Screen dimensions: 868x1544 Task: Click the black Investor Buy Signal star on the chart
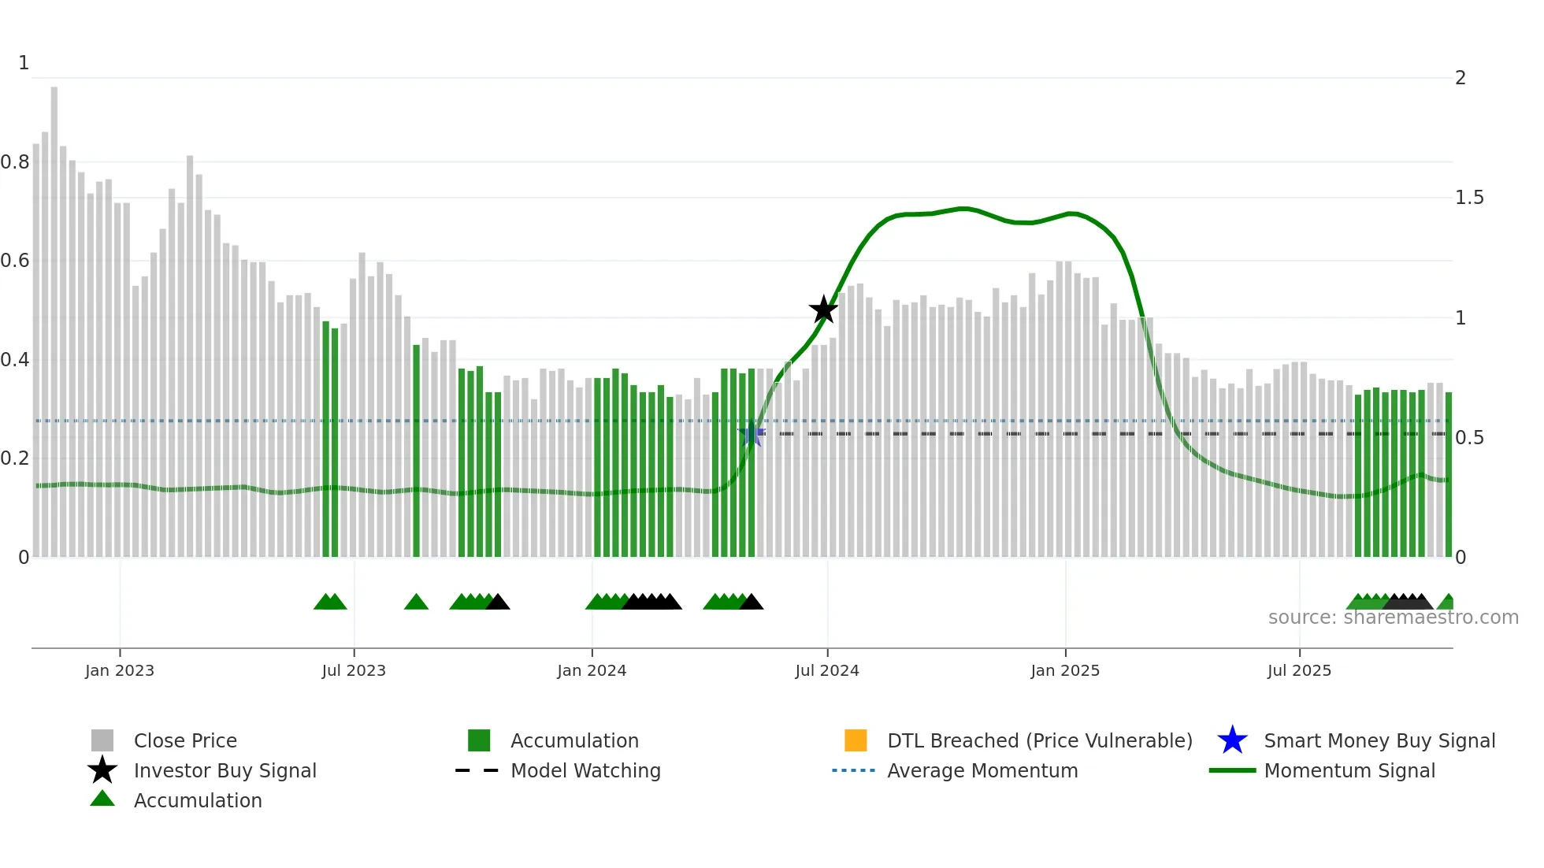(823, 310)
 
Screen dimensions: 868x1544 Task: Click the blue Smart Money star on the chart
(752, 434)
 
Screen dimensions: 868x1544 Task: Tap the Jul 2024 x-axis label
(826, 670)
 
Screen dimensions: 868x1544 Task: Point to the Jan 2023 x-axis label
(120, 670)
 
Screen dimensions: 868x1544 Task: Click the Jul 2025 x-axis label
(1299, 670)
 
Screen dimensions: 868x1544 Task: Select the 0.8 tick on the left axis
(15, 162)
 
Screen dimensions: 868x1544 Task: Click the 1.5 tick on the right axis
(1469, 198)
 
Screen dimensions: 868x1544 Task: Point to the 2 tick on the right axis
(1460, 78)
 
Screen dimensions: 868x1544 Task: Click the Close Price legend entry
(185, 740)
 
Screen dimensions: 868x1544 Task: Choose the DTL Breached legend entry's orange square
(856, 740)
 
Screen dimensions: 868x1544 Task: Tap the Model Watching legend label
(585, 770)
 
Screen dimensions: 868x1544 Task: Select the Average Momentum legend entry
(982, 770)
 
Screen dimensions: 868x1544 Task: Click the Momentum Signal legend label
(1349, 770)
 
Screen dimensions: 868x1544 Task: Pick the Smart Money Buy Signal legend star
(1232, 740)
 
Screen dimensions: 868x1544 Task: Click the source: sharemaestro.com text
(1393, 618)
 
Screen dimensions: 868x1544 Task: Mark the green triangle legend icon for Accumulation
(102, 799)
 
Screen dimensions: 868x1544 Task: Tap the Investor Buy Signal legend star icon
(102, 770)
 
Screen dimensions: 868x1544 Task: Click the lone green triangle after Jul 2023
(416, 603)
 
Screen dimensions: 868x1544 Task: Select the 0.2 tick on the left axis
(15, 458)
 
